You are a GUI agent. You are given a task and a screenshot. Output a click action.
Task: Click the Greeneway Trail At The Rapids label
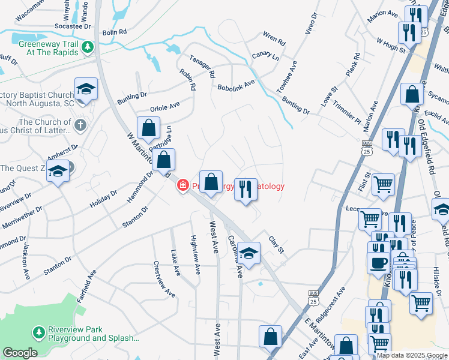click(x=48, y=48)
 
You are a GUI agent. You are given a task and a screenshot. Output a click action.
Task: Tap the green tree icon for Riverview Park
click(x=39, y=332)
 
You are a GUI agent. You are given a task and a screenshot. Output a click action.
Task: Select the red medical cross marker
click(x=182, y=187)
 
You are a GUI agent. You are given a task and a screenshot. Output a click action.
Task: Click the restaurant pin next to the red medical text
click(x=245, y=190)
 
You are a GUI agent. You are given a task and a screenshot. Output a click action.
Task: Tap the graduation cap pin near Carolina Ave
click(x=249, y=253)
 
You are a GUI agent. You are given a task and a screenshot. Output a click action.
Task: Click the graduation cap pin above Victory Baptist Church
click(x=86, y=89)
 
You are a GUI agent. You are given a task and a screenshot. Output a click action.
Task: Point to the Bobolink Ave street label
click(x=237, y=84)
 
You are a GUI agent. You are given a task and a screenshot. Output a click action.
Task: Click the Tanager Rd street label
click(x=202, y=66)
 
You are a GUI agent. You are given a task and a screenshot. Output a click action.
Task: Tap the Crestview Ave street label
click(x=164, y=278)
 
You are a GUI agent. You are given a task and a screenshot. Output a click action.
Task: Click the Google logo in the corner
click(x=20, y=353)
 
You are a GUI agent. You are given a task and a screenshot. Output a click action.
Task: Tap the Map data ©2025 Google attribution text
click(x=412, y=355)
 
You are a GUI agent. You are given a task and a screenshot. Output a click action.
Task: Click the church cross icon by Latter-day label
click(x=80, y=125)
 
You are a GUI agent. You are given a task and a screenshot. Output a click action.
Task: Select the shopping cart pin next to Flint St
click(x=383, y=184)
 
